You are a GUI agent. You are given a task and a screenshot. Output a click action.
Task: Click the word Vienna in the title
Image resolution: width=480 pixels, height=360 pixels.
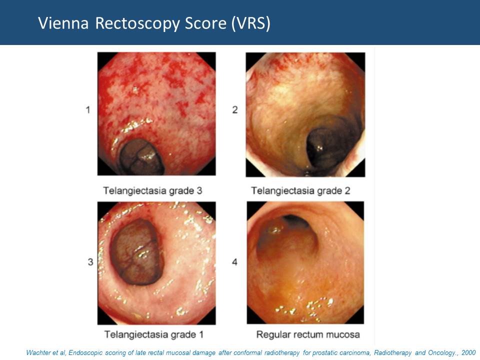tap(63, 23)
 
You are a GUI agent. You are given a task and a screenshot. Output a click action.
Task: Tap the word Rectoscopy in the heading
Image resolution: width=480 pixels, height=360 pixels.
tap(137, 24)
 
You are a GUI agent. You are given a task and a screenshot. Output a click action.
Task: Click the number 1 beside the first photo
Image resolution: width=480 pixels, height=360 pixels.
tap(88, 109)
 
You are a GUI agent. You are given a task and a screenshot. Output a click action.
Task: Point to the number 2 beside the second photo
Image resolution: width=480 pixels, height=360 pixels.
tap(235, 109)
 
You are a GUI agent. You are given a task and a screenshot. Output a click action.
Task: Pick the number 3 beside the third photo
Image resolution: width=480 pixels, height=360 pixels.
tap(90, 262)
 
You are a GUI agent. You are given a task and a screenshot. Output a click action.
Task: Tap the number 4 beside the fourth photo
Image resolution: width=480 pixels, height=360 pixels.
tap(234, 262)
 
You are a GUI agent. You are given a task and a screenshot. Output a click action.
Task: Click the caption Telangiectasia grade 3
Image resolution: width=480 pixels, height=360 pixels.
tap(152, 190)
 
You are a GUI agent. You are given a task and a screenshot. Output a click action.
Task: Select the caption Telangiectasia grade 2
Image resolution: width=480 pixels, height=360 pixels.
tap(300, 190)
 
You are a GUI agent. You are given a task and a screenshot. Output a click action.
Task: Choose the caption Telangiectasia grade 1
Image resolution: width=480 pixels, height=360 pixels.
tap(153, 334)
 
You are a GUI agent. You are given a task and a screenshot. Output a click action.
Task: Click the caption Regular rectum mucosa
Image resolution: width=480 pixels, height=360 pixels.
tap(308, 334)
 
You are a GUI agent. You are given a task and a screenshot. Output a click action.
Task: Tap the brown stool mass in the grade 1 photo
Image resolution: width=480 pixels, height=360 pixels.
tap(137, 251)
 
